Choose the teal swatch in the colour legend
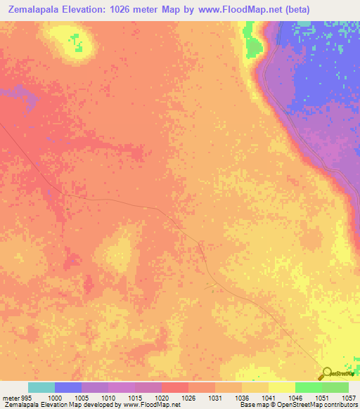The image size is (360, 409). [x=41, y=387]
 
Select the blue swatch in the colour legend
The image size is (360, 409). [x=68, y=387]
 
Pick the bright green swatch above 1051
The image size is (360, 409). [x=309, y=387]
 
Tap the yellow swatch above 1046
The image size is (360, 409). [x=282, y=387]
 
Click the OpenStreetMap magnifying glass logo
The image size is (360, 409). [x=326, y=374]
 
